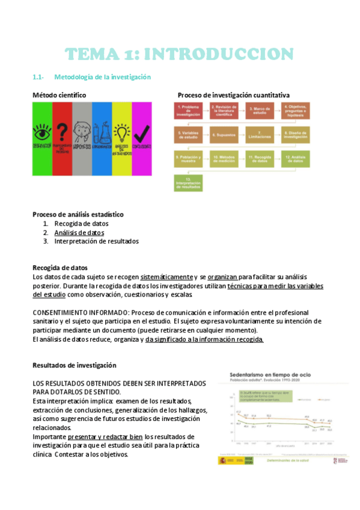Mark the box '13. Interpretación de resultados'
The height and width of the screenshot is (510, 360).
point(188,183)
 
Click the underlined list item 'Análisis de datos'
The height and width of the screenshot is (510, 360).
point(79,232)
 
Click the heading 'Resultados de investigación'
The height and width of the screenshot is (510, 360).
point(74,365)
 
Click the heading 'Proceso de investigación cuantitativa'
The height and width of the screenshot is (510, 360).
point(234,96)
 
